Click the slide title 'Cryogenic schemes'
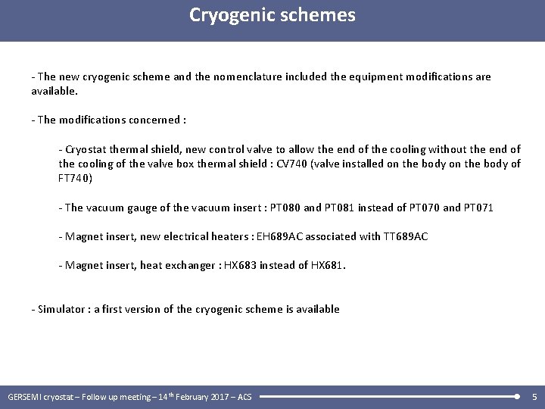click(272, 15)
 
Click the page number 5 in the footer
click(534, 396)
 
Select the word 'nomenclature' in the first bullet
click(246, 76)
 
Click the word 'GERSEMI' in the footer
click(24, 397)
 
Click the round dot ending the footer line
click(516, 396)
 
